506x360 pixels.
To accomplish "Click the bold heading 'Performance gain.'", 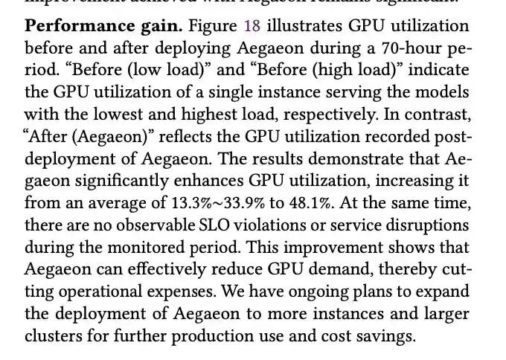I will (103, 26).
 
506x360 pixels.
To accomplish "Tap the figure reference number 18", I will (252, 26).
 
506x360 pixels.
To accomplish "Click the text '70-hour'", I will (404, 48).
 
